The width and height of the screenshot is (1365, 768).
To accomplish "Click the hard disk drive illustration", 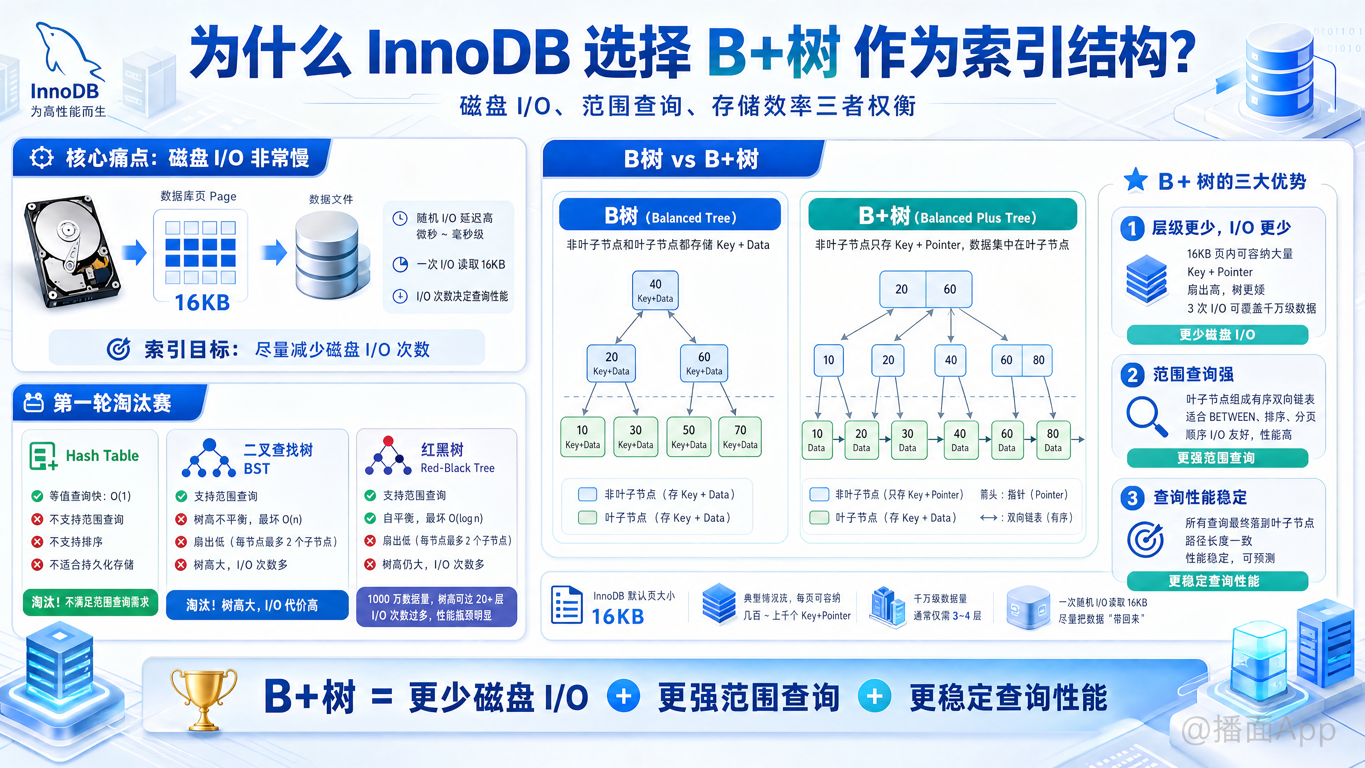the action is tap(71, 251).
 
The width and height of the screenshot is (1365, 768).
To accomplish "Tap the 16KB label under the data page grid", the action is tap(202, 303).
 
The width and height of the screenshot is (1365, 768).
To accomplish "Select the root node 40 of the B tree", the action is tap(655, 290).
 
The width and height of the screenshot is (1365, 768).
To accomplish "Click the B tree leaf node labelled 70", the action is tap(740, 437).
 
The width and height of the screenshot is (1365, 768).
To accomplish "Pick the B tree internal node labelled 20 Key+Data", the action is tap(611, 363).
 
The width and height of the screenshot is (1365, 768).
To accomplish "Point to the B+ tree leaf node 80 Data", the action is tap(1053, 440).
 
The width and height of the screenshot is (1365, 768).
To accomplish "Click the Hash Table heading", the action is tap(102, 456).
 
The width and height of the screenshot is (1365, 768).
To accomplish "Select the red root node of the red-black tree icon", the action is tap(389, 441).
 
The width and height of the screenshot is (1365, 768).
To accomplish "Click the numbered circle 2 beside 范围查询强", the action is tap(1133, 375).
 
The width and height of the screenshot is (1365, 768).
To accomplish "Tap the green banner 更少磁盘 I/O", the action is tap(1217, 335).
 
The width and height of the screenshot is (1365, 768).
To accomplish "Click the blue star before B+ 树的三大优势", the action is tap(1136, 180).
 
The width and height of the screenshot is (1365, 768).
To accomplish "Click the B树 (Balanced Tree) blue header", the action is tap(670, 215).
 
